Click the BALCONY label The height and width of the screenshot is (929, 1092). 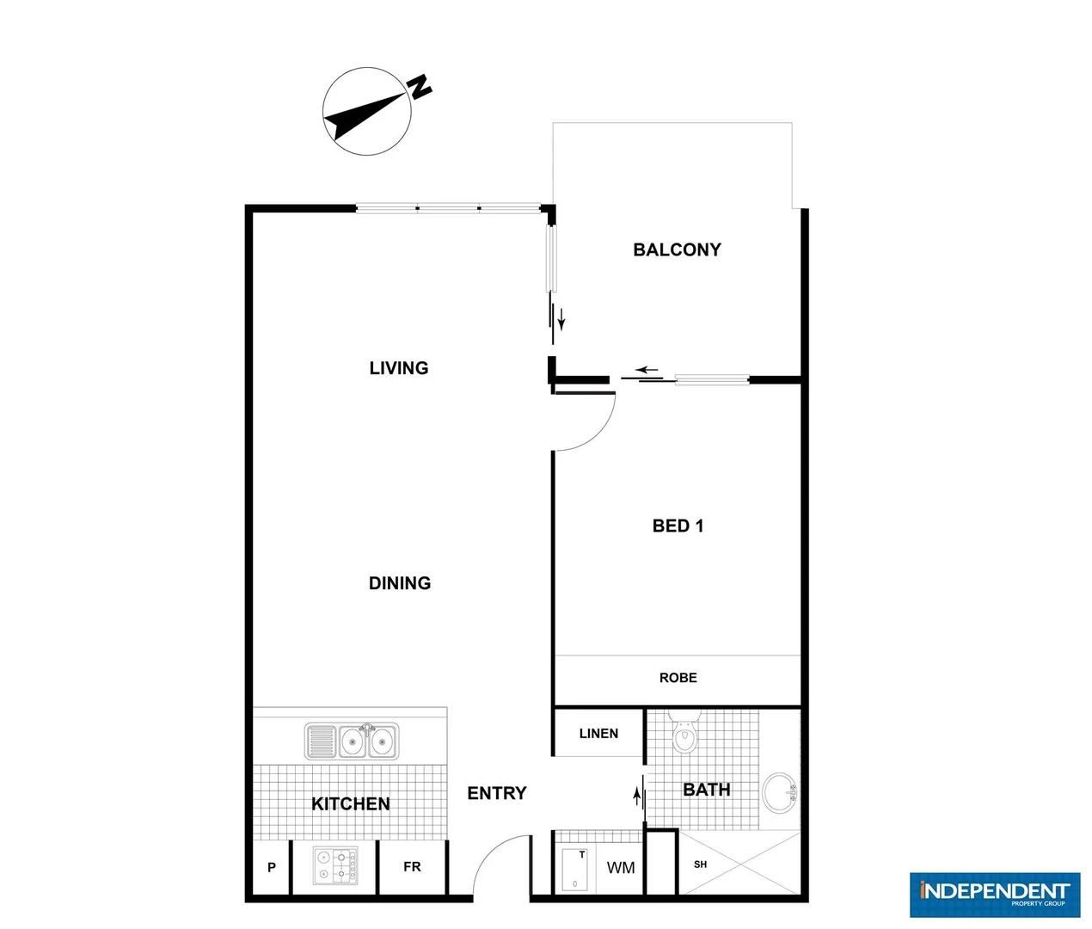(677, 249)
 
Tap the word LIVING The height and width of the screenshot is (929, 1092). (398, 368)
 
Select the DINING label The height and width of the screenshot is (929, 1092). (399, 583)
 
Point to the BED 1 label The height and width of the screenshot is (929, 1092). (678, 526)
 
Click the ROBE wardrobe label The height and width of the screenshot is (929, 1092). (678, 678)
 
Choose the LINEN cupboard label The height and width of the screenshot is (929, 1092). (598, 734)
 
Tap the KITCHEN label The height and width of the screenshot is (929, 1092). (350, 803)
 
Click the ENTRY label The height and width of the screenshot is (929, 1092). (496, 793)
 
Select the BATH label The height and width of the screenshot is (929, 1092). (706, 790)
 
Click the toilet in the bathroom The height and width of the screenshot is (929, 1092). (684, 733)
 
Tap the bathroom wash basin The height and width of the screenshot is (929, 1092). (781, 792)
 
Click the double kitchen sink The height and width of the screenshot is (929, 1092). (352, 741)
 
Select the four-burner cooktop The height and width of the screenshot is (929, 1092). (334, 866)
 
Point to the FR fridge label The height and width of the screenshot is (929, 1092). (412, 867)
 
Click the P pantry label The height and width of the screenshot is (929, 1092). (272, 867)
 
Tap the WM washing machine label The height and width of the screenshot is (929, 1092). (621, 868)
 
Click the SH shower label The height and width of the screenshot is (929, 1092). (700, 864)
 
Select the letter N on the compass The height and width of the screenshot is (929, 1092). (420, 87)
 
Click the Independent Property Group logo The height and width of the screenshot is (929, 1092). (994, 894)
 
